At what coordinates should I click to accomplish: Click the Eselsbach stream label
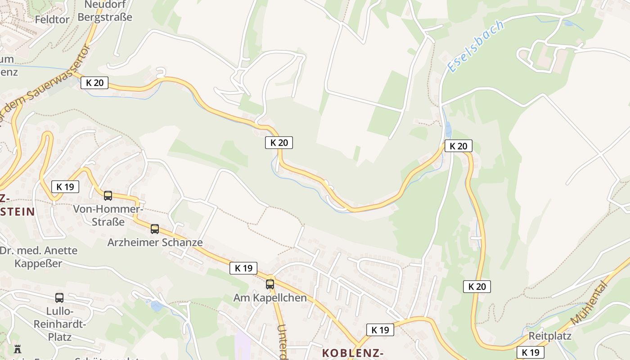pos(475,46)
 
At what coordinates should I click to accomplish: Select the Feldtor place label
pos(52,20)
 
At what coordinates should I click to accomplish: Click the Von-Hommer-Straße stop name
pos(108,216)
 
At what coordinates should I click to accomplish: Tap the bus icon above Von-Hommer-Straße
pos(108,196)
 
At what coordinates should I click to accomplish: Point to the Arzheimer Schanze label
pos(155,243)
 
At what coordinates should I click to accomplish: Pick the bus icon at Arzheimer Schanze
pos(155,229)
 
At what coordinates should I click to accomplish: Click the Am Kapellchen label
pos(270,298)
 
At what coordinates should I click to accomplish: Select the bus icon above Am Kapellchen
pos(270,284)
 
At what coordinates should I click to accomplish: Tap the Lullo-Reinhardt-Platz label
pos(60,324)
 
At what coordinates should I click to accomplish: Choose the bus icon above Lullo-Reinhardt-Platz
pos(59,298)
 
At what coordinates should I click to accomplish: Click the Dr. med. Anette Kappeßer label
pos(39,257)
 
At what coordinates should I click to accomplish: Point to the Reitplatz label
pos(550,336)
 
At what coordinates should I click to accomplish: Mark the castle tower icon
pos(18,349)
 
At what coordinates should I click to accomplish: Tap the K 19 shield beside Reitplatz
pos(530,352)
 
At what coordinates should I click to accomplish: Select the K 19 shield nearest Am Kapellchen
pos(243,268)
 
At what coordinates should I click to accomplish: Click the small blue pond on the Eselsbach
pos(448,130)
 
